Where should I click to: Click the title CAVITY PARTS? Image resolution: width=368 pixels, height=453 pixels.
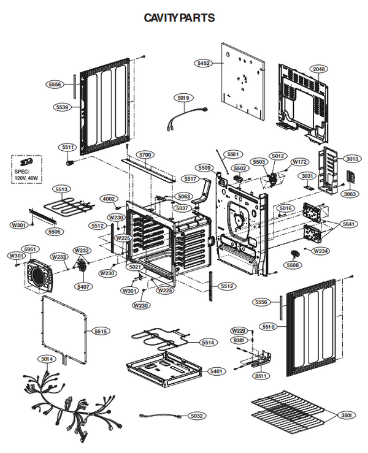tap(179, 18)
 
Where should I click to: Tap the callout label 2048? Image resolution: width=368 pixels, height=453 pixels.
tap(319, 69)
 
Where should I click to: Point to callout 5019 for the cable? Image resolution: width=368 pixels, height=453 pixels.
tap(183, 97)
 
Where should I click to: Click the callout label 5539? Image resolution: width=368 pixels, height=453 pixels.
tap(61, 107)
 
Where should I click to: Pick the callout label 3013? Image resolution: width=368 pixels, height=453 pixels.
tap(352, 159)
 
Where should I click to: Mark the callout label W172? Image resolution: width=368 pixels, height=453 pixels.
tap(299, 162)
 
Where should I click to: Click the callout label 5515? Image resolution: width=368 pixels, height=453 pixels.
tap(101, 331)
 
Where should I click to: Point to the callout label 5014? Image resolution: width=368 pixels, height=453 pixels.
tap(47, 359)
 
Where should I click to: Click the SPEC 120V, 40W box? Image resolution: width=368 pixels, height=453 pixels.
tap(27, 169)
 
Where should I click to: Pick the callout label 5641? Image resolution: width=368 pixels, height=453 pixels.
tap(348, 224)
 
